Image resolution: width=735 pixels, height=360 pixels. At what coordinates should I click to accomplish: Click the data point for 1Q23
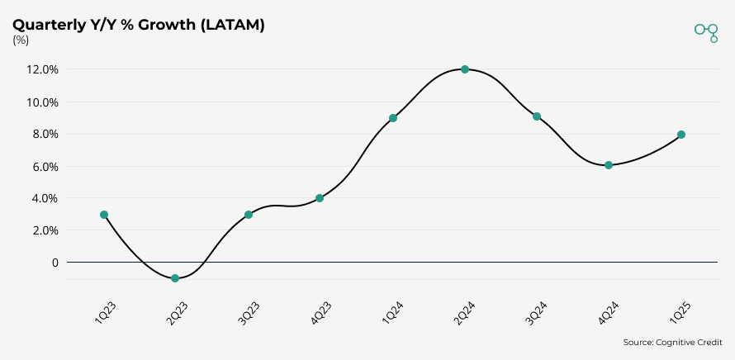pos(104,215)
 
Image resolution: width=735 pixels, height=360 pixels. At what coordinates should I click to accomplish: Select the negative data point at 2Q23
pos(176,278)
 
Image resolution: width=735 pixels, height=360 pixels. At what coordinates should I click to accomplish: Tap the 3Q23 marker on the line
pos(248,215)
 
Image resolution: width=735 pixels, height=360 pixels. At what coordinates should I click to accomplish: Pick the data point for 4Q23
pos(320,198)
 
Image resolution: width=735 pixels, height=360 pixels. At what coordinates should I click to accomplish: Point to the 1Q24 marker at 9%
pos(393,118)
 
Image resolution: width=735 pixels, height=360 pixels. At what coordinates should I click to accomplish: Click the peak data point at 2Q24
pos(465,69)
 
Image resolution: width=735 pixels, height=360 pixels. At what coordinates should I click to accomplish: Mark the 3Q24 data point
pos(537,116)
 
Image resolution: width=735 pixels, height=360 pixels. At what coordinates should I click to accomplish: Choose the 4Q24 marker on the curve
pos(609,165)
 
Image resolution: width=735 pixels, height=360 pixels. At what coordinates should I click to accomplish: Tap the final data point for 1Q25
pos(681,135)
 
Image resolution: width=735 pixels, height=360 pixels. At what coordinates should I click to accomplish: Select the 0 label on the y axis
pos(55,263)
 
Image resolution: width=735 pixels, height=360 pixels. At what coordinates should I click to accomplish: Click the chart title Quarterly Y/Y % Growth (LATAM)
pos(139,25)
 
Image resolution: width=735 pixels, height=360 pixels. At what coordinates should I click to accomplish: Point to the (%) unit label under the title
pos(21,40)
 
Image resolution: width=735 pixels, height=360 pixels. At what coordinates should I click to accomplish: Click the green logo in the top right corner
pos(706,31)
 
